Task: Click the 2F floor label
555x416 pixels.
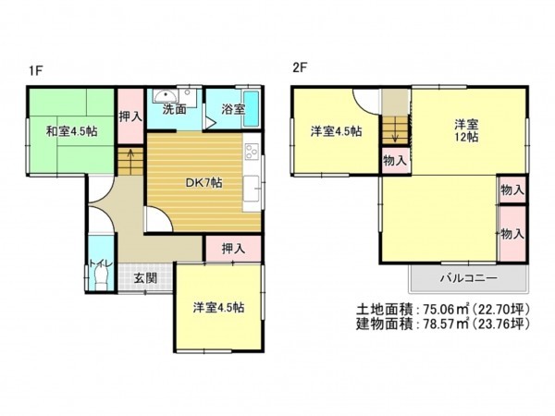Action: point(299,67)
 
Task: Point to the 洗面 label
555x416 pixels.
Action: point(175,109)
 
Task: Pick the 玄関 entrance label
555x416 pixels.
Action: point(144,277)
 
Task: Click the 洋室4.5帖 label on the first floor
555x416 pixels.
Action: point(218,306)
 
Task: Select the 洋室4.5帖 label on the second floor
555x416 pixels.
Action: point(335,131)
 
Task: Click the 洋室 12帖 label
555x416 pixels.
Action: point(465,129)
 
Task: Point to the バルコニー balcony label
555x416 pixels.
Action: point(467,279)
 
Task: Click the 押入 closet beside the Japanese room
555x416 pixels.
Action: point(130,116)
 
